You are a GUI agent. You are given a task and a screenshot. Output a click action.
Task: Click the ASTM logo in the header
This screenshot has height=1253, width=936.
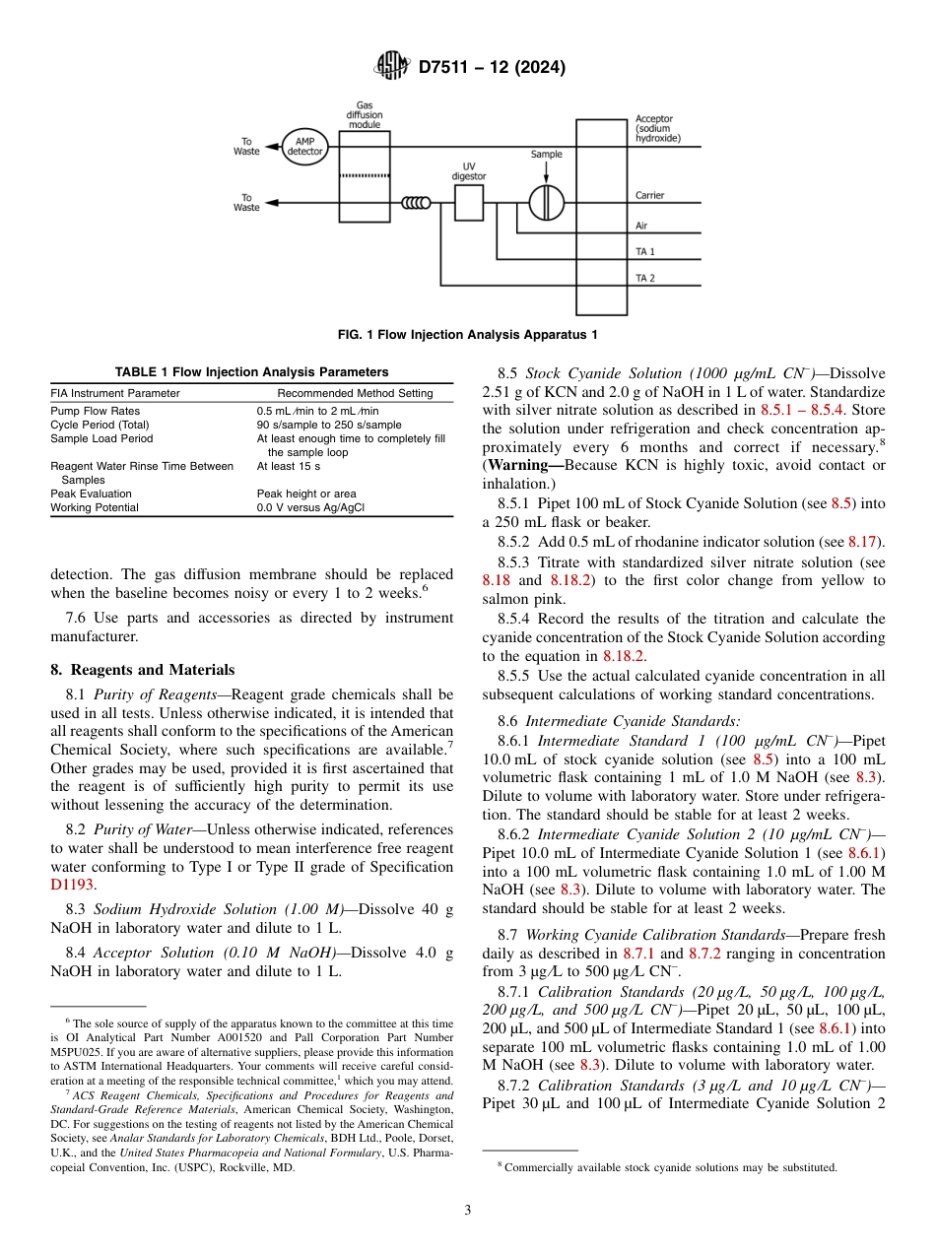(393, 67)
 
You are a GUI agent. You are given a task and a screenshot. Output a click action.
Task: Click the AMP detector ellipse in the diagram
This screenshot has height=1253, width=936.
(305, 148)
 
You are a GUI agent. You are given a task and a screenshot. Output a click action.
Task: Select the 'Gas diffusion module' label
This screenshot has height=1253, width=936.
(365, 115)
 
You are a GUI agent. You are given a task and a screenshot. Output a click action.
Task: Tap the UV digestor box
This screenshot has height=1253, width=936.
(469, 202)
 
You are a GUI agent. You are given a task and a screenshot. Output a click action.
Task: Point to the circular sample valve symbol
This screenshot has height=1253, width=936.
(545, 202)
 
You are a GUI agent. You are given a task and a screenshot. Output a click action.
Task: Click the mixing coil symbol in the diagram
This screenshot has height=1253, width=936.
(416, 203)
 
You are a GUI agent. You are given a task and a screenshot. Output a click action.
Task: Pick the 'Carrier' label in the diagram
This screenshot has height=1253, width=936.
(649, 195)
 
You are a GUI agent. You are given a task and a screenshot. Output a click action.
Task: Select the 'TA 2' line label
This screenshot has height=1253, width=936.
(645, 279)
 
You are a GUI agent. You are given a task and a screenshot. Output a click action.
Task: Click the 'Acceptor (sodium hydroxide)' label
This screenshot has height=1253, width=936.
(657, 129)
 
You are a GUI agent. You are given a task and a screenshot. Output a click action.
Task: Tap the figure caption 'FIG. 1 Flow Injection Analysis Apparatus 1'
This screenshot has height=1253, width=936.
(467, 335)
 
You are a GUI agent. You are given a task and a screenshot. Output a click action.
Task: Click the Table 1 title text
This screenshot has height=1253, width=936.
(251, 372)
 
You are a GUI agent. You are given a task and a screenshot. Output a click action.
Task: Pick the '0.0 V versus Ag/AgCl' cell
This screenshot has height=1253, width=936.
(310, 507)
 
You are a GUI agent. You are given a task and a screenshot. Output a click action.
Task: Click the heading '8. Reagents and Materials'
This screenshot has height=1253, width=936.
(142, 670)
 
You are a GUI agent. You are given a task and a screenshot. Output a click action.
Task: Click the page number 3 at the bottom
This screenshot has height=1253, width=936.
(467, 1210)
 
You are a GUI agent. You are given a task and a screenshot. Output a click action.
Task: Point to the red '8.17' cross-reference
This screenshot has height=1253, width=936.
(867, 542)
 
